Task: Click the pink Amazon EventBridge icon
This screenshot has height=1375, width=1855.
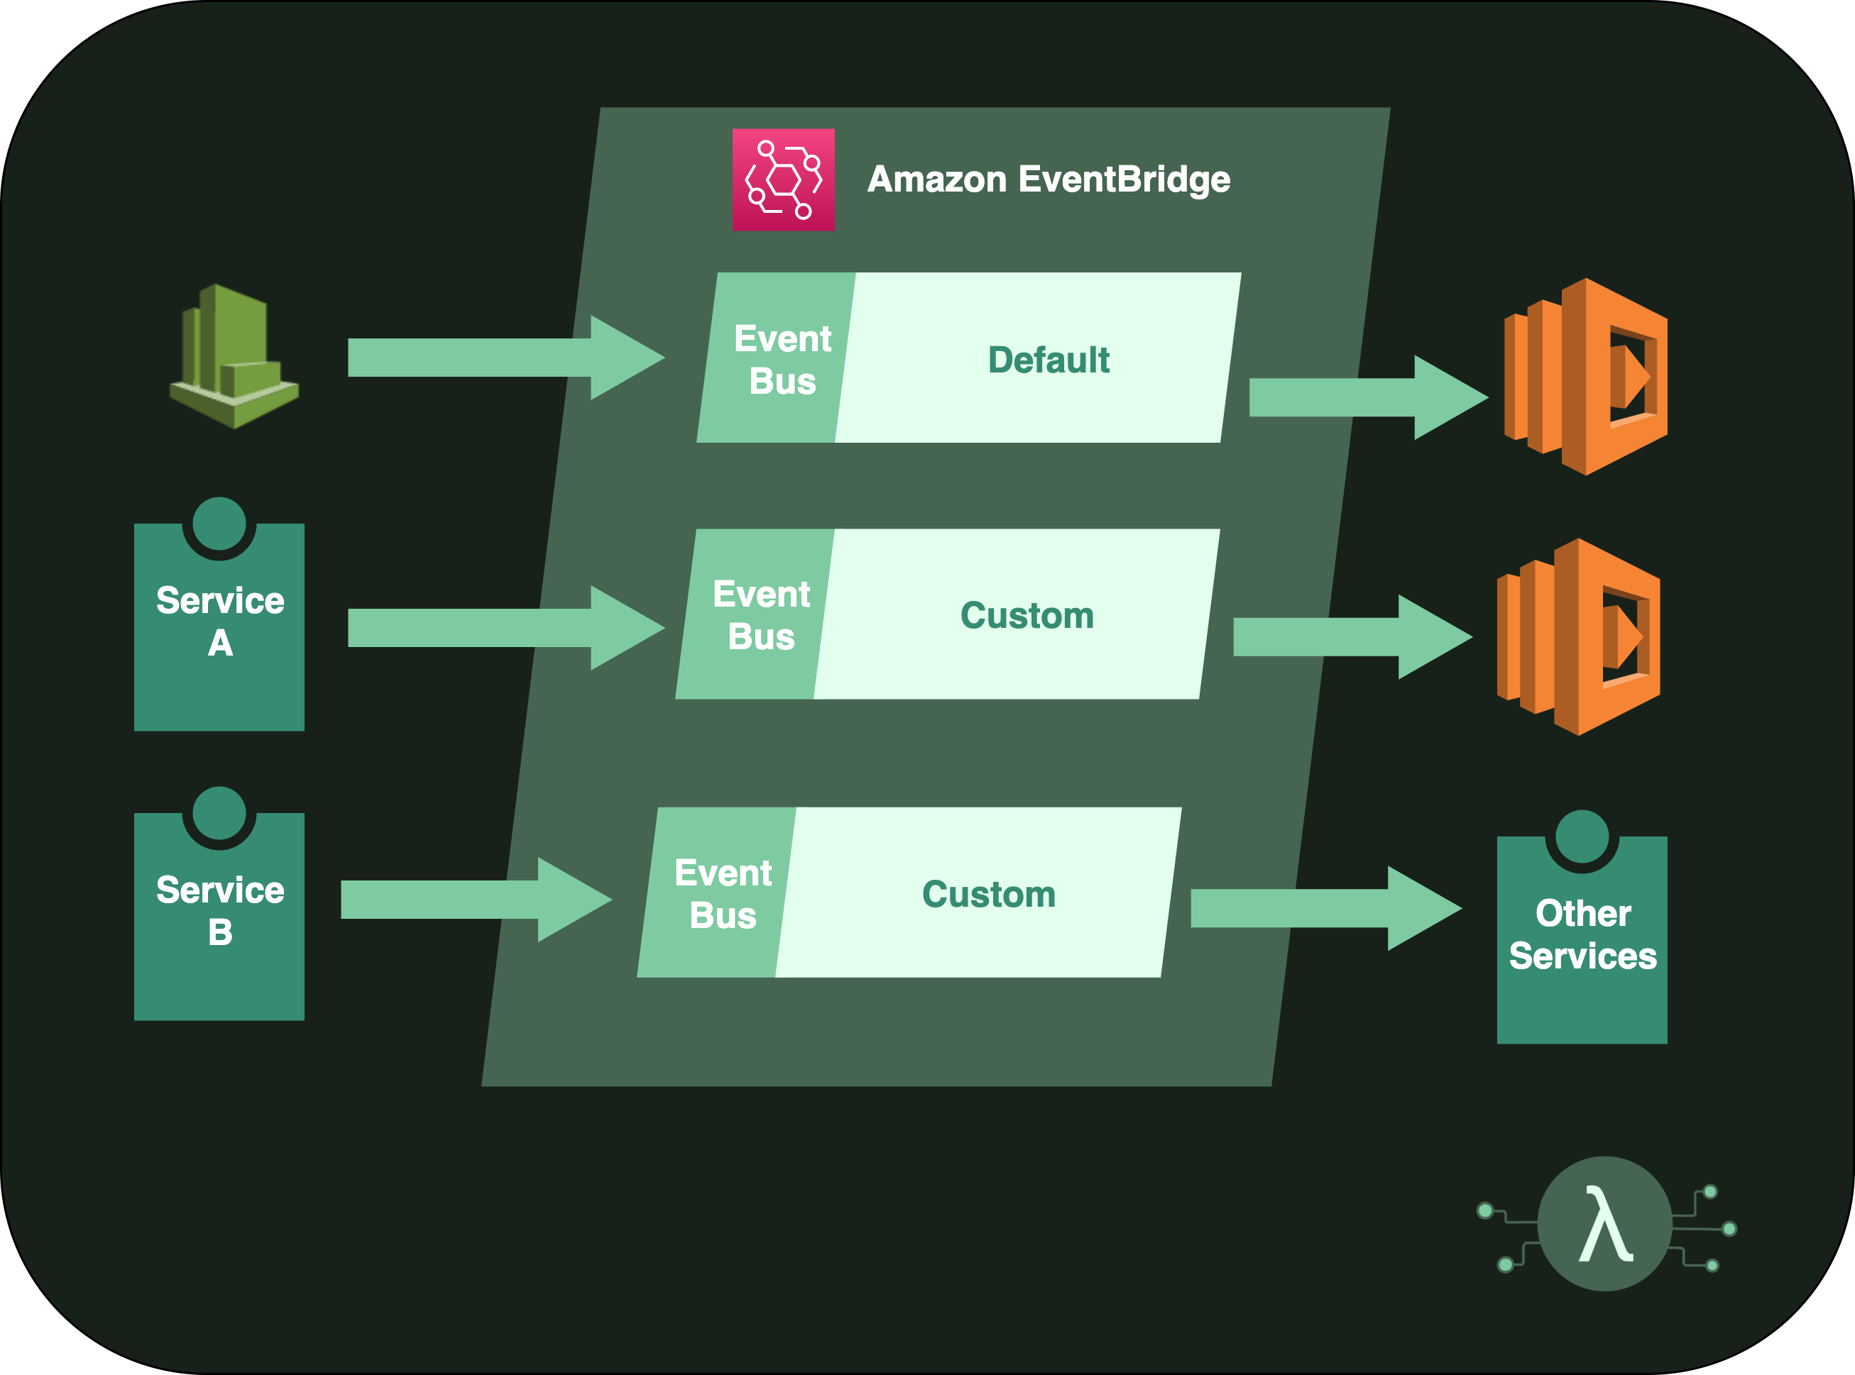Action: [x=782, y=179]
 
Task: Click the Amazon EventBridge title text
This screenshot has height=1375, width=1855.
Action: [x=1049, y=179]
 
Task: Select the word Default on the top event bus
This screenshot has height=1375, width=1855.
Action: [x=1049, y=360]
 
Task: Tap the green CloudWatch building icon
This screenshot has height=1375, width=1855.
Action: [x=234, y=358]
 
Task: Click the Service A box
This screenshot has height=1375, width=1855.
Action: [x=219, y=633]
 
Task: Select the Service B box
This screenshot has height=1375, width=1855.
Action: [x=219, y=920]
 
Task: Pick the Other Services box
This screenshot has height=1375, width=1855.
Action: [x=1581, y=941]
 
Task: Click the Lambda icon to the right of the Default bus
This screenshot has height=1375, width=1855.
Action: [x=1586, y=376]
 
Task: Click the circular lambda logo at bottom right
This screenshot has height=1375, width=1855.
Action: [x=1604, y=1223]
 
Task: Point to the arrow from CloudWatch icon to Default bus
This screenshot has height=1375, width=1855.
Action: [x=500, y=358]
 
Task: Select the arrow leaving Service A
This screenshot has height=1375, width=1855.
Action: [x=500, y=628]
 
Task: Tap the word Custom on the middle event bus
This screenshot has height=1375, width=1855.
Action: [x=1027, y=615]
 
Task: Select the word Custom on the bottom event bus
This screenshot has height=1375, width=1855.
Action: [x=988, y=894]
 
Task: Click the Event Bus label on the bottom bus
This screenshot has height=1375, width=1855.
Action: [x=722, y=894]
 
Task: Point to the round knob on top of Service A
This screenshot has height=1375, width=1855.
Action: [x=219, y=524]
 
